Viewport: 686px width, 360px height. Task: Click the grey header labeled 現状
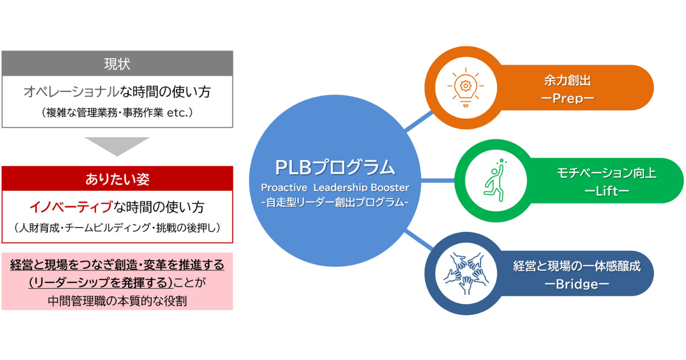point(117,63)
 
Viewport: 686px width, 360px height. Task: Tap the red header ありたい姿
point(117,178)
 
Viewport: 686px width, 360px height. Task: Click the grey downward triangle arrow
point(117,146)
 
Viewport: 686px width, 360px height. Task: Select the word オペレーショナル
point(71,91)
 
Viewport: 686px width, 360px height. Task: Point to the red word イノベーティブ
point(71,207)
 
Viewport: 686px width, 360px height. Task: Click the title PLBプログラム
point(335,167)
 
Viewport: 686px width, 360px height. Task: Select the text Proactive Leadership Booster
point(335,187)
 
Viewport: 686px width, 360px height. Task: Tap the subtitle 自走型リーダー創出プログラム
point(335,202)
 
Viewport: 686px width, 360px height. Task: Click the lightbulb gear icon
point(465,87)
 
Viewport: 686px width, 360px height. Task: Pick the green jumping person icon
point(496,181)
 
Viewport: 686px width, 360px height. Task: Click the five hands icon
point(466,273)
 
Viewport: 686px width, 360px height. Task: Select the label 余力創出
point(568,81)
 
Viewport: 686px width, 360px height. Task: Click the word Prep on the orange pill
point(568,98)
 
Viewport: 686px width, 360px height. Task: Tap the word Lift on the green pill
point(607,191)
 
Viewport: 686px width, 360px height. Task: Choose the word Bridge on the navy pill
point(577,284)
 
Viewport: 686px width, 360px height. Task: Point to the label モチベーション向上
point(607,173)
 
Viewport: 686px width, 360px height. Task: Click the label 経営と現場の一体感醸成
point(577,266)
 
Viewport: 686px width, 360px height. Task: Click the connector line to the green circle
point(438,181)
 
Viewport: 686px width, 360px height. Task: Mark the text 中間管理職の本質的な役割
point(117,301)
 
